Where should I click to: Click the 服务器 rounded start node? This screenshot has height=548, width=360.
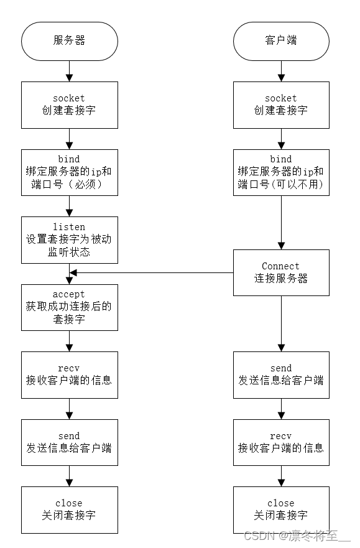[69, 40]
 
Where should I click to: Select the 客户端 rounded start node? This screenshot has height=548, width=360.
[281, 40]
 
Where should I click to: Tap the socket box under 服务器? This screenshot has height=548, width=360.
[69, 104]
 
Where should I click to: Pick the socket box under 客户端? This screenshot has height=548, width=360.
[281, 104]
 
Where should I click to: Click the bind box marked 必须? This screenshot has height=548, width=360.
[69, 172]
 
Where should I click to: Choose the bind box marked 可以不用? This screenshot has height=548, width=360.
[281, 172]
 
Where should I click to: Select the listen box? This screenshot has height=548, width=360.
[69, 239]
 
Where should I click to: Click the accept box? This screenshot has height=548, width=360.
[69, 307]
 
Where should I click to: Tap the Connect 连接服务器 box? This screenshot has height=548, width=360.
[281, 272]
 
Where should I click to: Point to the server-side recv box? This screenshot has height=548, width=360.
[69, 374]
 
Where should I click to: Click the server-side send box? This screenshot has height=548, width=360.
[69, 442]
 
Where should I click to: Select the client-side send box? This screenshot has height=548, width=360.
[281, 374]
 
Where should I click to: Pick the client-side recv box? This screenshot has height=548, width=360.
[281, 442]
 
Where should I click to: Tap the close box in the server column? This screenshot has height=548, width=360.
[69, 509]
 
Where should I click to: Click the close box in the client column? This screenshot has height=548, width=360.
[281, 509]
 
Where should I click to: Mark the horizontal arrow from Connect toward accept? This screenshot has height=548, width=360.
[152, 272]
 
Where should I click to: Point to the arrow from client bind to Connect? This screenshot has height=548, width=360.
[281, 221]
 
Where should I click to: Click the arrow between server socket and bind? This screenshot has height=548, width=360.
[69, 139]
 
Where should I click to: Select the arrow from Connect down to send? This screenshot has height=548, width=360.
[281, 323]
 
